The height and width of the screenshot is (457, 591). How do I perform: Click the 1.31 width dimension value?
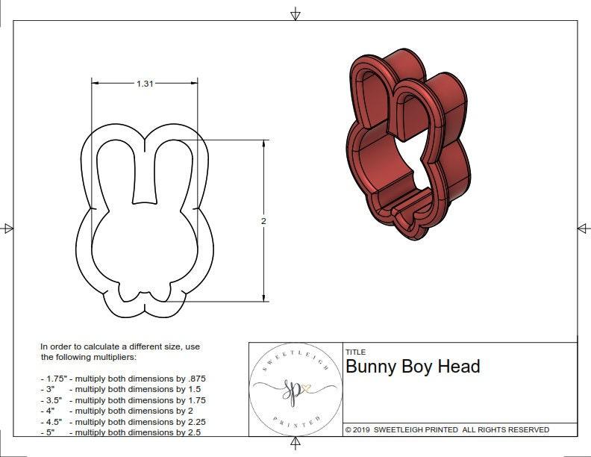pyautogui.click(x=145, y=84)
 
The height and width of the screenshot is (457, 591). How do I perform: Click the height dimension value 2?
pyautogui.click(x=264, y=221)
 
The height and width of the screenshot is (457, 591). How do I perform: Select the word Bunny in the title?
pyautogui.click(x=371, y=367)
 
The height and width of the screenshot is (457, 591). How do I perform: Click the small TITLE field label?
pyautogui.click(x=354, y=352)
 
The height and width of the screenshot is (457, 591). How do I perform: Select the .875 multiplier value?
pyautogui.click(x=193, y=379)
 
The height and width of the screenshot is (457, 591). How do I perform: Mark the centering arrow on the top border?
pyautogui.click(x=295, y=13)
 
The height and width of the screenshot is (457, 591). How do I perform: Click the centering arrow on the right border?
pyautogui.click(x=583, y=228)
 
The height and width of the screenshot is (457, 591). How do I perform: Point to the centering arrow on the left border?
pyautogui.click(x=7, y=228)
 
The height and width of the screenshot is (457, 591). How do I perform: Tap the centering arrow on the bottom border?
pyautogui.click(x=295, y=444)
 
